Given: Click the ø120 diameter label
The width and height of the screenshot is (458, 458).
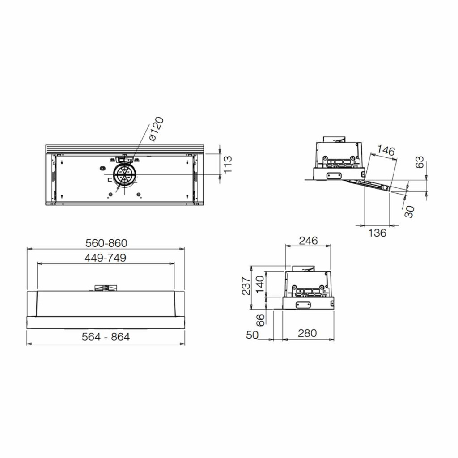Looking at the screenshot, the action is (x=156, y=129).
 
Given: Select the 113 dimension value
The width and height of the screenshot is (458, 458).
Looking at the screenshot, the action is (x=227, y=164).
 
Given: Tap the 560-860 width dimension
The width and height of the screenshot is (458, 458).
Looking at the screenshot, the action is (x=106, y=243).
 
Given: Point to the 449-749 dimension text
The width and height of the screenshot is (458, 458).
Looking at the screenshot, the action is (x=105, y=258).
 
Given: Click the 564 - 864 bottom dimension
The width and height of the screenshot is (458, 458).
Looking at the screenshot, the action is (x=106, y=337).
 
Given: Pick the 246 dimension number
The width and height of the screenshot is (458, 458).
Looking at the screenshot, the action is (x=308, y=240).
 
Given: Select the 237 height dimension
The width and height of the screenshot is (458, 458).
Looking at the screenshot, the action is (x=246, y=286).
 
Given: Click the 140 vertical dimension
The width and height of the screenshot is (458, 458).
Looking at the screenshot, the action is (x=259, y=285).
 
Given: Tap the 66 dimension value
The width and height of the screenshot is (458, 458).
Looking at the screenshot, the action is (x=260, y=320).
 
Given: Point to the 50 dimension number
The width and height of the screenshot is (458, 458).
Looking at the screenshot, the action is (x=252, y=335).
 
